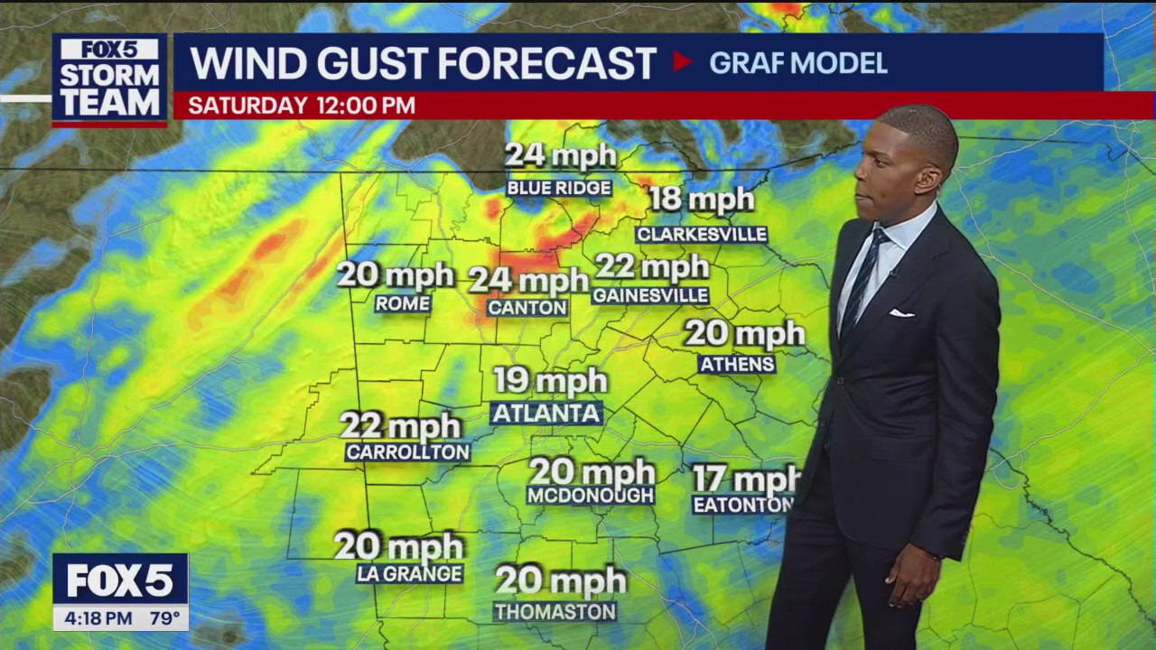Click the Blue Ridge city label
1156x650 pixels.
[559, 188]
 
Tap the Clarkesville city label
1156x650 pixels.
[702, 235]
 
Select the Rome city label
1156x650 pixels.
[403, 304]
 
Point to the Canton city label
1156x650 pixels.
[527, 308]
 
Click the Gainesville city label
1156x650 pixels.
[650, 296]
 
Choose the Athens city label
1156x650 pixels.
[737, 364]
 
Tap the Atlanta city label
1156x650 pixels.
[546, 413]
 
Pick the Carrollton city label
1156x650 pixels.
[407, 452]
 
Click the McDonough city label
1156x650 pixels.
[591, 496]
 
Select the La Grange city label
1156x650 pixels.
[409, 573]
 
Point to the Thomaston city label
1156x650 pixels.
[555, 612]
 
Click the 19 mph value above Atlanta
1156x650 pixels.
[550, 381]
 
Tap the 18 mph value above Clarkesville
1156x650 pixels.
[702, 200]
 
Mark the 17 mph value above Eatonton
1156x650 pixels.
[745, 478]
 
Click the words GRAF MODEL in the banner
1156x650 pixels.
[797, 63]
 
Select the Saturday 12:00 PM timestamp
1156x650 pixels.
[302, 106]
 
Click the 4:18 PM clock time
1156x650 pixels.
[93, 618]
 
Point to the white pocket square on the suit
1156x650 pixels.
[901, 313]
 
